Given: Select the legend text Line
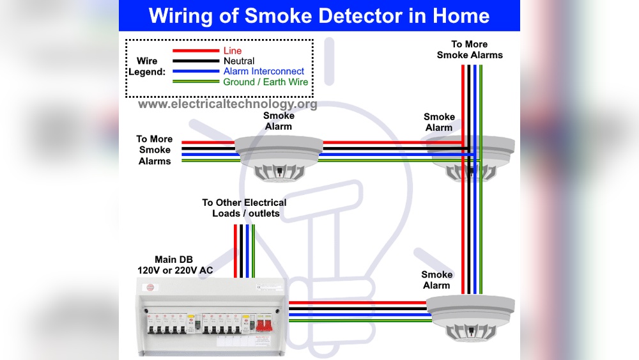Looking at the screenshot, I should click(233, 51).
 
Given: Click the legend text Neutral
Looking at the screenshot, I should click(239, 61).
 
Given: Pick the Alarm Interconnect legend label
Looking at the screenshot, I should click(264, 72).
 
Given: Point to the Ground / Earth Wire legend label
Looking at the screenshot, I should click(265, 82).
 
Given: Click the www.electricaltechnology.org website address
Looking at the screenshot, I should click(227, 104).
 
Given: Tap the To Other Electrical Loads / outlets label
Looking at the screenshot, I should click(245, 208).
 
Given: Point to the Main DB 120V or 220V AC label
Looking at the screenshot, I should click(175, 265).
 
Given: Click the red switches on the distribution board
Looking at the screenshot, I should click(265, 324).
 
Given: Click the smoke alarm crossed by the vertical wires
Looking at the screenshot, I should click(470, 159).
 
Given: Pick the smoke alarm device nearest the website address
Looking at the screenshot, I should click(279, 157).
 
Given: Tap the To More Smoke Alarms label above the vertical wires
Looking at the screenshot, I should click(470, 50).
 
